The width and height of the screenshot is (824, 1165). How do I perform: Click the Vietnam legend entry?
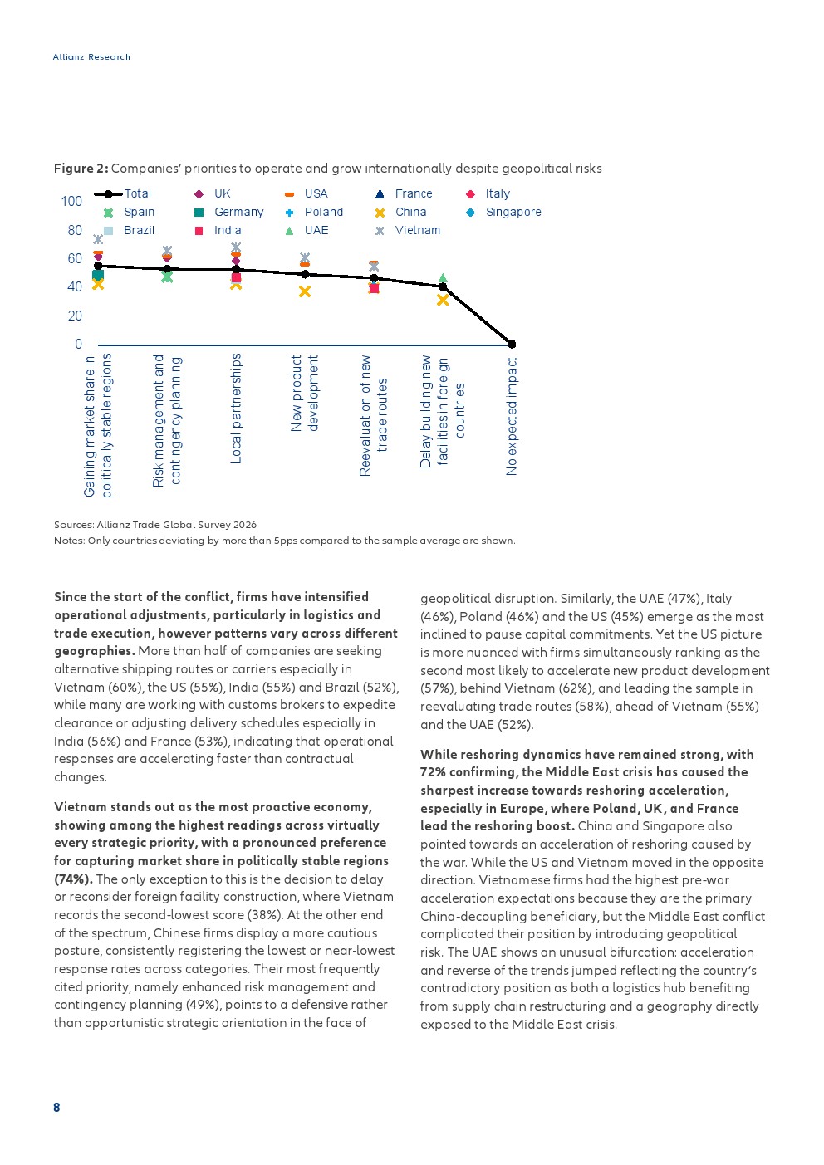[408, 230]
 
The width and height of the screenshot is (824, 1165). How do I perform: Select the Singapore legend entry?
[503, 213]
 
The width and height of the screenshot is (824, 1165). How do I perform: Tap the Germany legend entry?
[229, 213]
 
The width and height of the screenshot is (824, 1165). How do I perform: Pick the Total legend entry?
[123, 194]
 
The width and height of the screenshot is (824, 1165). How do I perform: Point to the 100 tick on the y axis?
[71, 201]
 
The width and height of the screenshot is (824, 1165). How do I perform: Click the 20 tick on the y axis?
[75, 316]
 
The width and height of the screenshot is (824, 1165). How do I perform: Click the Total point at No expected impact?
[512, 345]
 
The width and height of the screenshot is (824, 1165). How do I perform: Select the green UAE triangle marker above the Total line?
[443, 278]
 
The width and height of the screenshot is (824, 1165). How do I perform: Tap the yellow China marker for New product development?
[305, 291]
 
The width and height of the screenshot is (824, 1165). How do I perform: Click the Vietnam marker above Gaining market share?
[98, 239]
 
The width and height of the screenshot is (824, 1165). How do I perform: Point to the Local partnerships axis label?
[236, 409]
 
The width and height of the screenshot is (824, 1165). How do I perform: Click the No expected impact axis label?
[512, 417]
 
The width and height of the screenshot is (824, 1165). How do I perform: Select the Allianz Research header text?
[91, 57]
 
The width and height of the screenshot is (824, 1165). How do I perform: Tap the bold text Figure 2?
[81, 169]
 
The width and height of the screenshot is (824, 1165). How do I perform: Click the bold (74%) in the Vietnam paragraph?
[74, 879]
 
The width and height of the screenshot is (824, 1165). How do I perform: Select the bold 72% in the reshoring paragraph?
[433, 772]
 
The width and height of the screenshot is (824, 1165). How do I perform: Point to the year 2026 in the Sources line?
[245, 525]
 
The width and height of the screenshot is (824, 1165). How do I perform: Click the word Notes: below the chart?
[69, 541]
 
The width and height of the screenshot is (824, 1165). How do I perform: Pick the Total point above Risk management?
[167, 269]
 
